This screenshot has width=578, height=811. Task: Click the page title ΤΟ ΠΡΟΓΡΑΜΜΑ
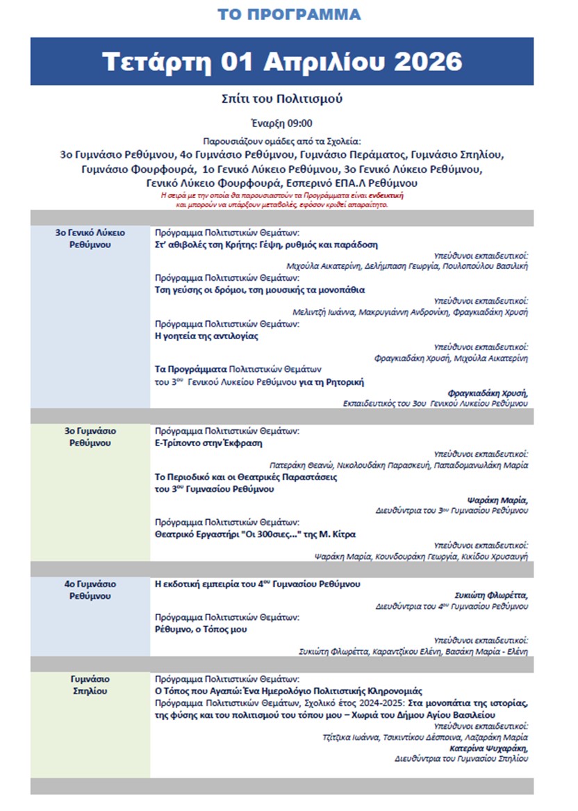coord(288,15)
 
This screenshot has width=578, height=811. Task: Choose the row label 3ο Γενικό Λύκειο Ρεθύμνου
coord(90,239)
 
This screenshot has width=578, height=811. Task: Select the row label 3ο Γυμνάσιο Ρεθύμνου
coord(90,436)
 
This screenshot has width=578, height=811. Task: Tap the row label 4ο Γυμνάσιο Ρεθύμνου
coord(90,590)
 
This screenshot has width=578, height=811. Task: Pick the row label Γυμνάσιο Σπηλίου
coord(90,685)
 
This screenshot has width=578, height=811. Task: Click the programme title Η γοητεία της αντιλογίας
coord(206,336)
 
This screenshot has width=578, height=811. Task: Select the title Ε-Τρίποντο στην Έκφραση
coord(208,443)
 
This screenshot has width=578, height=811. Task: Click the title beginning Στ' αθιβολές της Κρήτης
coord(265,245)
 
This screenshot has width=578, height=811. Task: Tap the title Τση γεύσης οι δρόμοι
coord(259,290)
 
